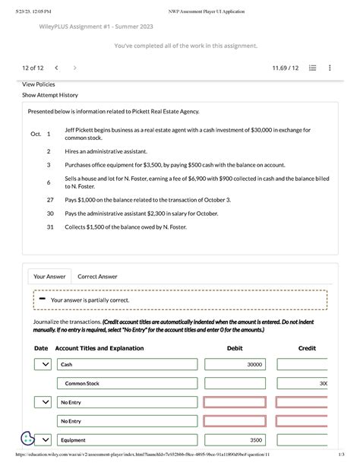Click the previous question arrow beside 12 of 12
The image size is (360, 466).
click(x=57, y=68)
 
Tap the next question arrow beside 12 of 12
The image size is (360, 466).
click(x=74, y=68)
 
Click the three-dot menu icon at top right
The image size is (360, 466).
click(x=330, y=68)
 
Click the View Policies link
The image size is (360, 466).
click(x=39, y=84)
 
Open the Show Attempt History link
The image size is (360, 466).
click(x=50, y=96)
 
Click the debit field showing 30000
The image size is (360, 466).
click(x=235, y=365)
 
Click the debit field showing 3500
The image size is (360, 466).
click(x=235, y=440)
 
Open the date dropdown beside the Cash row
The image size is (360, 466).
click(x=45, y=365)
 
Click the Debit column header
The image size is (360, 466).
click(x=235, y=348)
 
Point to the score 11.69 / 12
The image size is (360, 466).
click(x=285, y=68)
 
